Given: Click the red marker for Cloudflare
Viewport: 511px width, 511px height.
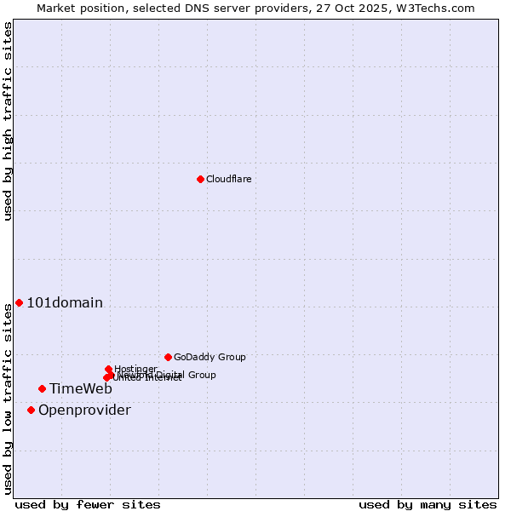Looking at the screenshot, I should click(200, 179).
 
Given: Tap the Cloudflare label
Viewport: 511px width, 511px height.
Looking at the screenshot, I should click(228, 179).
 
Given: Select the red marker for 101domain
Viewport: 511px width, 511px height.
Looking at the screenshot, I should click(19, 303).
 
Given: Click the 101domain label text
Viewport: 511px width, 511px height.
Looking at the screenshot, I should click(65, 303).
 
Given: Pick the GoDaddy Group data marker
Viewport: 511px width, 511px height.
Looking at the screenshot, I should click(168, 357).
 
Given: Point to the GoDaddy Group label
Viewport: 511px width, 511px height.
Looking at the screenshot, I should click(210, 357).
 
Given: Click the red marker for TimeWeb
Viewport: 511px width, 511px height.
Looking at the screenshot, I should click(42, 388).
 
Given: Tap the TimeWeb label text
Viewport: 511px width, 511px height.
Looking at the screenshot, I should click(80, 389).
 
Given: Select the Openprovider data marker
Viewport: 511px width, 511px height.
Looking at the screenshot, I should click(31, 410).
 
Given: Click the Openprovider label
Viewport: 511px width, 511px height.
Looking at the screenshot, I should click(84, 411).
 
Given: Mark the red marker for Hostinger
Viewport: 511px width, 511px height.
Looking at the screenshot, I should click(108, 369).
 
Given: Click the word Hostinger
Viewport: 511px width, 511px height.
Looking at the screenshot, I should click(135, 369).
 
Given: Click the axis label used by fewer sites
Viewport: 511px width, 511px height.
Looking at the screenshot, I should click(88, 504).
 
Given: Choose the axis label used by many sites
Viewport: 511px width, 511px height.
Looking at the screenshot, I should click(428, 504).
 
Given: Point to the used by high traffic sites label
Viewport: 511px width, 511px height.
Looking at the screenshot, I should click(8, 121).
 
